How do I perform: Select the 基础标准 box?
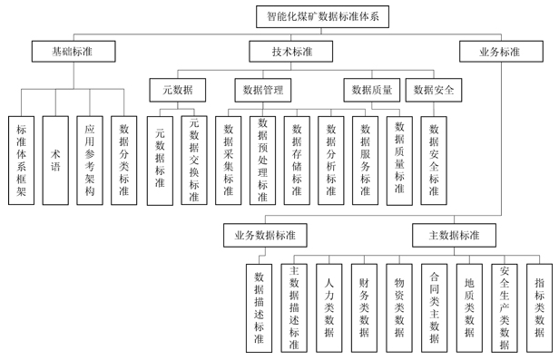tap(73, 52)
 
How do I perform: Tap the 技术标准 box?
tap(291, 52)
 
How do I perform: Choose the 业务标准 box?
tap(499, 52)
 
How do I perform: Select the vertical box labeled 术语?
tap(55, 160)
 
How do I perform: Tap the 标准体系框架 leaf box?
tap(21, 160)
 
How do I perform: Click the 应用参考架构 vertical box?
tap(89, 160)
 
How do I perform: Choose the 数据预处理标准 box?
tap(263, 160)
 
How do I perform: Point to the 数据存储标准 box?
tap(297, 160)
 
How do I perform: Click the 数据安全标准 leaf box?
tap(434, 160)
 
